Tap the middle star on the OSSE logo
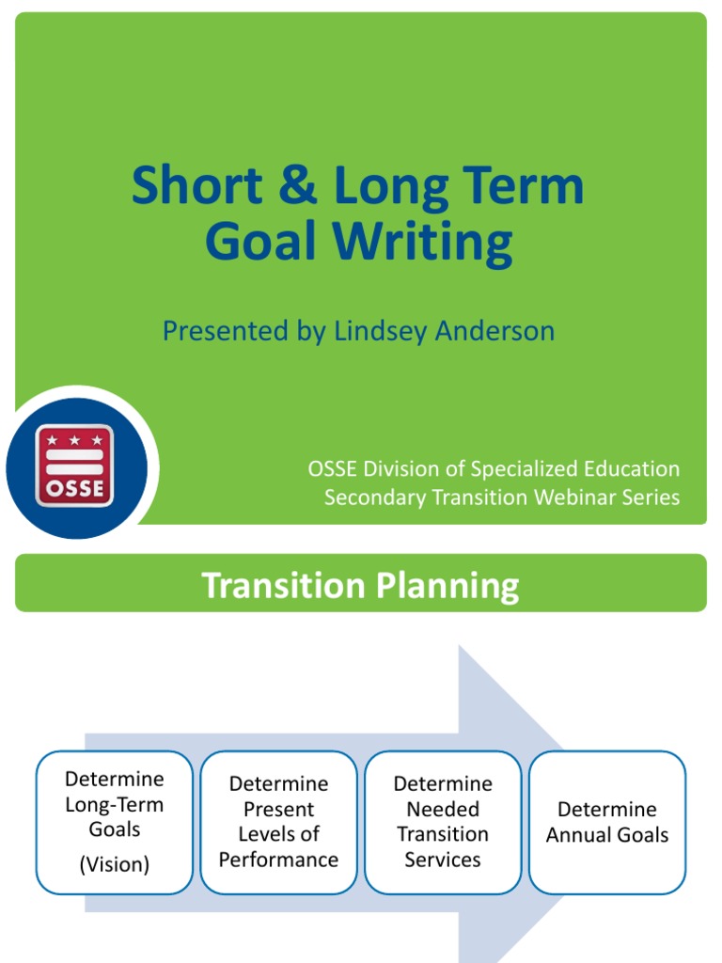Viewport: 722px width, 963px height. pos(75,440)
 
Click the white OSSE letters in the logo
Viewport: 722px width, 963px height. pos(75,488)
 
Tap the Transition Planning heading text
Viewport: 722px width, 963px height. pos(361,585)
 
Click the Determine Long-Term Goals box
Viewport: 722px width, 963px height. pos(115,822)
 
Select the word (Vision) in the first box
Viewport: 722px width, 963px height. pos(115,864)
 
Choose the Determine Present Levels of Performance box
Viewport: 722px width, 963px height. pos(278,822)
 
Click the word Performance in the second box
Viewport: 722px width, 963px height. pos(278,860)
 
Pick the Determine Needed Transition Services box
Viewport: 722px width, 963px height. pos(442,822)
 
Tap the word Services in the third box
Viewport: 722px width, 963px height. pos(442,860)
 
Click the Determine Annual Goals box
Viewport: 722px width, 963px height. pos(607,822)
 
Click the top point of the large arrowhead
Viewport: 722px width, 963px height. pos(460,646)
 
